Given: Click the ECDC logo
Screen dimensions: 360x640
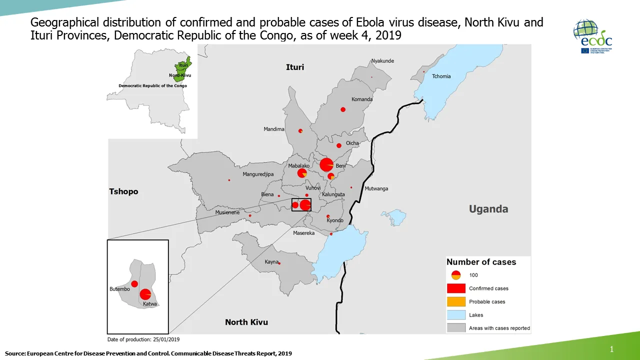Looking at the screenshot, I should (x=592, y=36).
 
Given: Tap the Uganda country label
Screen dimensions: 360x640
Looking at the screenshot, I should (x=488, y=209).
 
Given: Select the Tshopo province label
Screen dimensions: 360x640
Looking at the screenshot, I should (x=123, y=191).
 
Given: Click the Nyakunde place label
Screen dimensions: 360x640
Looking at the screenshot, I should (x=382, y=61).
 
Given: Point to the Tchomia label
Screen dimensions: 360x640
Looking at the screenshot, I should (x=441, y=76).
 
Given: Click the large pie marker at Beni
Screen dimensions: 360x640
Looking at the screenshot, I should (x=326, y=164).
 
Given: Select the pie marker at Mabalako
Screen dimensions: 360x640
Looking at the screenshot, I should (x=302, y=173).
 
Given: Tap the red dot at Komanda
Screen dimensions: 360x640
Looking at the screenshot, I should (x=343, y=109).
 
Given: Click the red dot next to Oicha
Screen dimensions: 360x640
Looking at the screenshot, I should (x=339, y=145).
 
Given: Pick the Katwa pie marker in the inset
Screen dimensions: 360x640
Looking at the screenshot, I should (x=145, y=294).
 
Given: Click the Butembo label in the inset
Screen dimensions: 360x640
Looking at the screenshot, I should (x=119, y=289).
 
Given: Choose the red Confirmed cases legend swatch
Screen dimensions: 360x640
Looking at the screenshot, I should (x=455, y=288).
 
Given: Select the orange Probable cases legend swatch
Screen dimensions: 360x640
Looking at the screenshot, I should (x=455, y=301).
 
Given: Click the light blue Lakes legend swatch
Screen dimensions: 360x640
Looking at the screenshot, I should (x=455, y=315).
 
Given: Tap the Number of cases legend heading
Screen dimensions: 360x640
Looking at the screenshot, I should (x=481, y=262).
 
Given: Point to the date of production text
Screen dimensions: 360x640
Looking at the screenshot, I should (x=143, y=339).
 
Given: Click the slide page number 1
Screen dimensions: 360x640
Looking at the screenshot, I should (x=611, y=349).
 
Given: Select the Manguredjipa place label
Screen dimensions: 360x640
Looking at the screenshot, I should (x=258, y=174).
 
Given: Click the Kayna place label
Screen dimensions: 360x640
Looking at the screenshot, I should (x=271, y=262).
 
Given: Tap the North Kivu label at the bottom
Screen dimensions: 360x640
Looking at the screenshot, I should (x=246, y=322).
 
